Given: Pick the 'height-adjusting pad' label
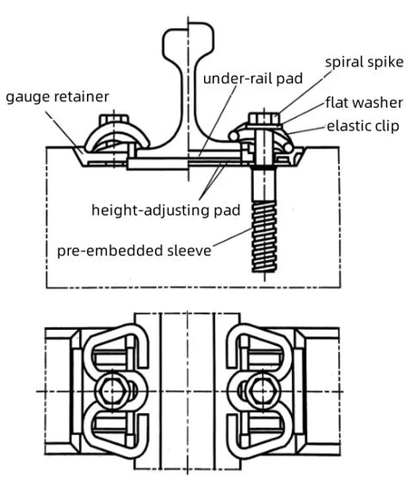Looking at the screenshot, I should pyautogui.click(x=165, y=210).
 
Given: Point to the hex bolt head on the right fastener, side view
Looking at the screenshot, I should pyautogui.click(x=263, y=119).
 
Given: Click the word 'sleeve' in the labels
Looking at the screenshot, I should pyautogui.click(x=191, y=247).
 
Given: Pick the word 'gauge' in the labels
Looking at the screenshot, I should pyautogui.click(x=25, y=97).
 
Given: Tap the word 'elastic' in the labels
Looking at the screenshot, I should pyautogui.click(x=346, y=126).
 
